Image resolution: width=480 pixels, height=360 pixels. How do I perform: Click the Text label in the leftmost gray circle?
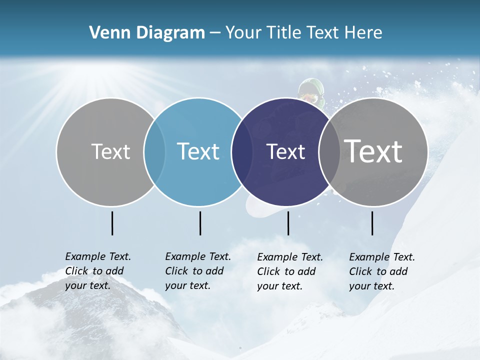110,151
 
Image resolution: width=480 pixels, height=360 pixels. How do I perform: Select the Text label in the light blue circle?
198,151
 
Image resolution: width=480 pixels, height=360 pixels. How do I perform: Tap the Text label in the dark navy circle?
285,151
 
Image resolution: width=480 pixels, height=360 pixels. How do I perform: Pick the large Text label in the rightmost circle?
373,151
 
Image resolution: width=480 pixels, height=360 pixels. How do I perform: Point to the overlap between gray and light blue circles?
154,152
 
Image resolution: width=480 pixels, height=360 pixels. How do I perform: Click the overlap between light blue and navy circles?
242,152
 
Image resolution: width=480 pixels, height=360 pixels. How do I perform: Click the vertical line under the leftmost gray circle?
112,223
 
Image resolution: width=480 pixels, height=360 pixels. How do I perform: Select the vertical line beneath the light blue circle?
200,223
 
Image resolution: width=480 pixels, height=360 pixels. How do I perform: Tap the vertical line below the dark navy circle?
288,223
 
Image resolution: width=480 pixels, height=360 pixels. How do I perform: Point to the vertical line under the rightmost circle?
372,223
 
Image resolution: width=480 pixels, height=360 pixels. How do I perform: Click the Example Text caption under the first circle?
98,271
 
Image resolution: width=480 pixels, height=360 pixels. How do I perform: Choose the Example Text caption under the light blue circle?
198,271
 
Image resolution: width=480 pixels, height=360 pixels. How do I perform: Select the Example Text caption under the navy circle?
290,271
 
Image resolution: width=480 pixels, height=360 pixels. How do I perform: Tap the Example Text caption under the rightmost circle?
382,271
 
